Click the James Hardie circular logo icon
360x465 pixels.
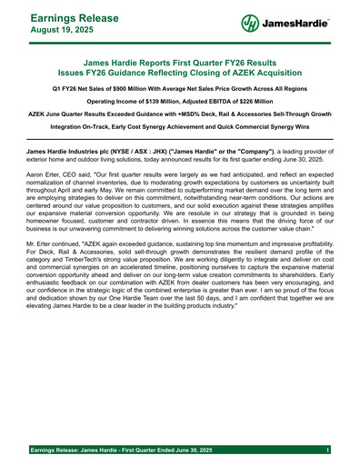251,24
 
